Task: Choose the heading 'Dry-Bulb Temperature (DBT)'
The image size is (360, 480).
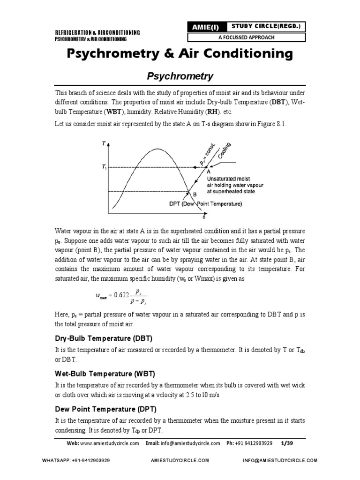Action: tap(104, 338)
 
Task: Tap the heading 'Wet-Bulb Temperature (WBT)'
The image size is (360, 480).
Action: tap(105, 374)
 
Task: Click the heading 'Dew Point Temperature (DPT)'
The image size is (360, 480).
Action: tap(104, 409)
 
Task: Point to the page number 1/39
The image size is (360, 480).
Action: tap(285, 443)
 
